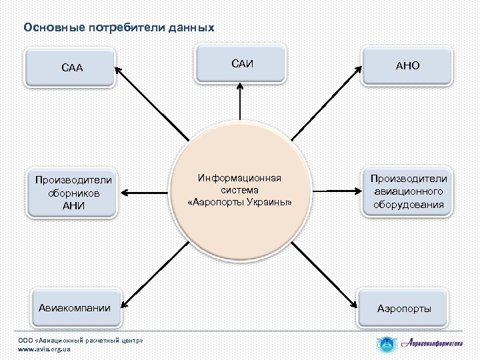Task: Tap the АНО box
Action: click(x=407, y=67)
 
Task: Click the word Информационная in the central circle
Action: click(x=240, y=178)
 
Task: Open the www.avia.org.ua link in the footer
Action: click(x=44, y=349)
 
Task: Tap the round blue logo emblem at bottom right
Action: click(x=387, y=345)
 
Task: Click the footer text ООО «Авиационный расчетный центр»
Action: click(x=80, y=340)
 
